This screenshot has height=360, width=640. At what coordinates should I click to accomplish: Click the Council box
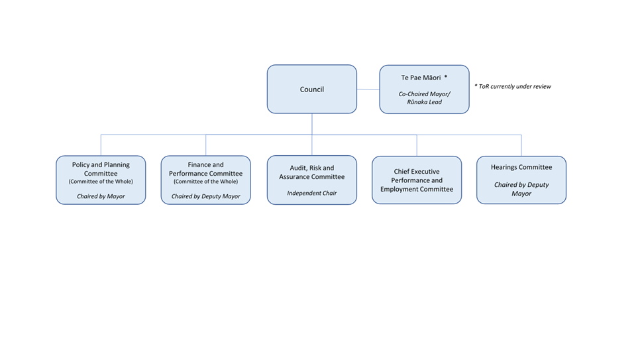312,89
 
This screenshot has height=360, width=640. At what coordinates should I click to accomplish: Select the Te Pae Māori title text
421,78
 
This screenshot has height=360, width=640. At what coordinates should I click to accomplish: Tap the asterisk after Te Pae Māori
446,76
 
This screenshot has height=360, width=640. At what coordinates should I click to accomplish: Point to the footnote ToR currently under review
513,86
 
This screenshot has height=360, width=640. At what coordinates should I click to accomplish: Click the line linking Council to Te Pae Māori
368,89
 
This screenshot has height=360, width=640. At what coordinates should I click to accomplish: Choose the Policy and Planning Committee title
101,169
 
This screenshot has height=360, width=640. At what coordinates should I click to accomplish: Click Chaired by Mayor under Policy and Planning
101,196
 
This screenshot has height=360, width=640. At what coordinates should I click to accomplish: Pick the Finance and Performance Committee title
205,169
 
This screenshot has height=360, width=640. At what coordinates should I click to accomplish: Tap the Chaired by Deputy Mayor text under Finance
205,196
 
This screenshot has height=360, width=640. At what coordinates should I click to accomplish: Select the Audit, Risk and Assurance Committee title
312,172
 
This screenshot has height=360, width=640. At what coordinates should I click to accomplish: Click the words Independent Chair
312,193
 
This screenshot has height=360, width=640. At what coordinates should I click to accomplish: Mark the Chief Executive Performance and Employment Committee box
417,180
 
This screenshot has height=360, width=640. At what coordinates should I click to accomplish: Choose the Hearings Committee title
521,167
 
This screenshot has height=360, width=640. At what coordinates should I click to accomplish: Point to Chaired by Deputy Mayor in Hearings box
521,189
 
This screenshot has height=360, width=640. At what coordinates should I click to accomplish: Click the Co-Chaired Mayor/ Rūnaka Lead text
425,98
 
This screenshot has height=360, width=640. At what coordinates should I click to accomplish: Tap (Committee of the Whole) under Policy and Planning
101,182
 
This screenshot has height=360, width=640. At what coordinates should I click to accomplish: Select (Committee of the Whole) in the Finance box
205,182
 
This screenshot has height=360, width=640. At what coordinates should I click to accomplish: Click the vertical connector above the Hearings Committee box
521,145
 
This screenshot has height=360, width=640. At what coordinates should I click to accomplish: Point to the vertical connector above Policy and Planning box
101,145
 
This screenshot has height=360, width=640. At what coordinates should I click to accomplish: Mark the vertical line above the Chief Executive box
417,145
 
